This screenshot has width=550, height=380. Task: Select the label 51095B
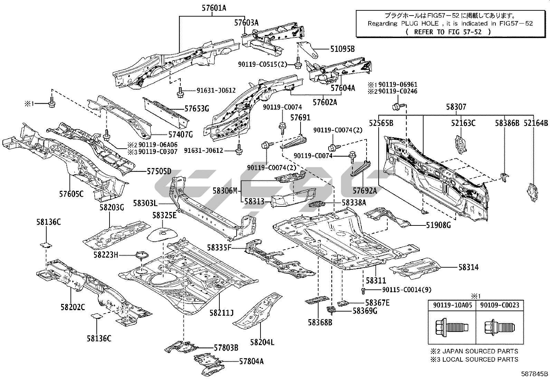coord(342,49)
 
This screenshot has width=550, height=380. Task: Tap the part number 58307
coord(456,107)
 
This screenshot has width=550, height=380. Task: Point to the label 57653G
coord(197,109)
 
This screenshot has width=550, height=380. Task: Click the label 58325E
coord(164,215)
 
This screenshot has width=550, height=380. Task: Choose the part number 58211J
coord(221,313)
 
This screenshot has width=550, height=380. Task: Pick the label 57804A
coord(251,361)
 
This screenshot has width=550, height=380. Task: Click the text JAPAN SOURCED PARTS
coord(478,351)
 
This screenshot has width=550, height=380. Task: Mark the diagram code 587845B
coord(534,374)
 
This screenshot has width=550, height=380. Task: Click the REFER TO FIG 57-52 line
coord(448,31)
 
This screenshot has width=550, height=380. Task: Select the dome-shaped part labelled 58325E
coord(162,233)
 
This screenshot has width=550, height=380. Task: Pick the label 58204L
coord(262,342)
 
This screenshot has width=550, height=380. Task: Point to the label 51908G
coord(438,225)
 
